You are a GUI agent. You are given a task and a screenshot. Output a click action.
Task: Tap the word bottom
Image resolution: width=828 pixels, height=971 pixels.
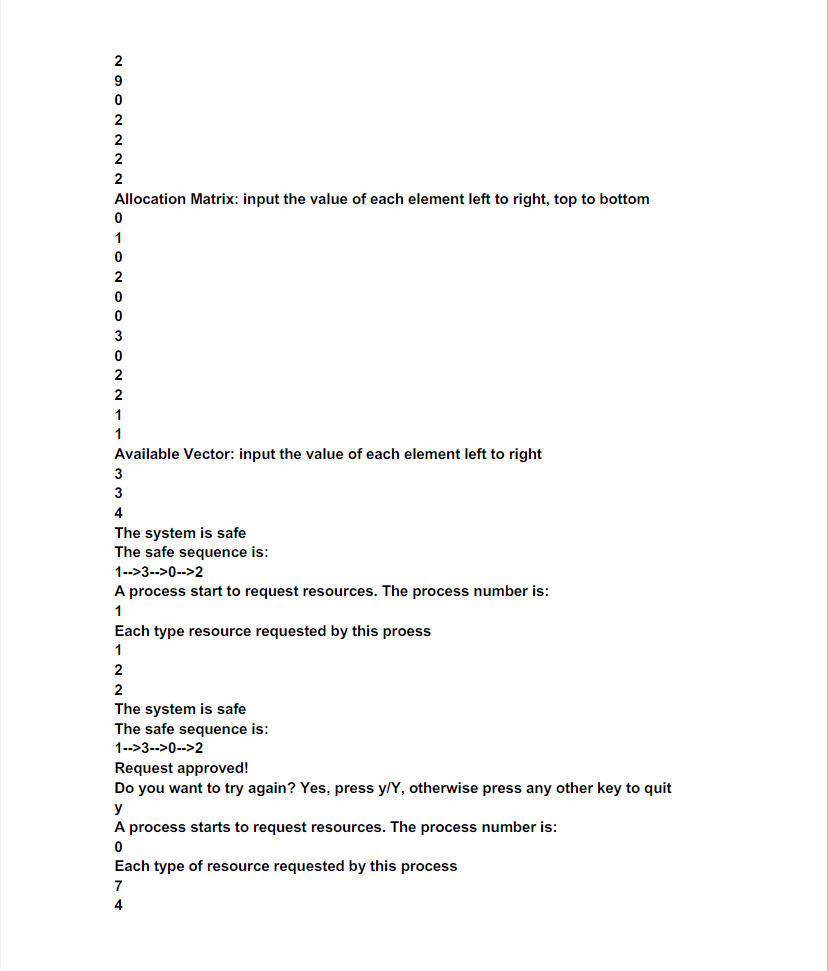pyautogui.click(x=624, y=199)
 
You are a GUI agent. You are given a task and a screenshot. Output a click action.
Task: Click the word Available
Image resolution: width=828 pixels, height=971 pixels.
pyautogui.click(x=147, y=454)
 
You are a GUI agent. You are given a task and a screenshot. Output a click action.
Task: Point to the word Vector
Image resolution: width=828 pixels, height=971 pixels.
pyautogui.click(x=209, y=454)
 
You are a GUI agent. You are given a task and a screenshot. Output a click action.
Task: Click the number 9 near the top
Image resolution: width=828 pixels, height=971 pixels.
pyautogui.click(x=119, y=81)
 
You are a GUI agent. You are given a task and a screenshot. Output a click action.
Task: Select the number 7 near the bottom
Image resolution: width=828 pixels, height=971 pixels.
pyautogui.click(x=119, y=886)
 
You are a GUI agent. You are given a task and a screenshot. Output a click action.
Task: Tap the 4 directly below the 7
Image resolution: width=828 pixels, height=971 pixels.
pyautogui.click(x=119, y=906)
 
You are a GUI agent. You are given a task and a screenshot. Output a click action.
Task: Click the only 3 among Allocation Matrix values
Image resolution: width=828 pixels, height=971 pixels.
pyautogui.click(x=119, y=336)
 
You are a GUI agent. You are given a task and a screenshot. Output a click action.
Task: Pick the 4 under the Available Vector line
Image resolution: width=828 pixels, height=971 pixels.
pyautogui.click(x=119, y=513)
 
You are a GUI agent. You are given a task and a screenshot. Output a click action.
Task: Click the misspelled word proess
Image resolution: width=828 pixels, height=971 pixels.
pyautogui.click(x=408, y=631)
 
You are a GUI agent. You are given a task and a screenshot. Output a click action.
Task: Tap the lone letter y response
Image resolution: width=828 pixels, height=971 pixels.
pyautogui.click(x=119, y=808)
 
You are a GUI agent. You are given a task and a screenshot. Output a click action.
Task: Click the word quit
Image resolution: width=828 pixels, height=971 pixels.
pyautogui.click(x=656, y=788)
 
